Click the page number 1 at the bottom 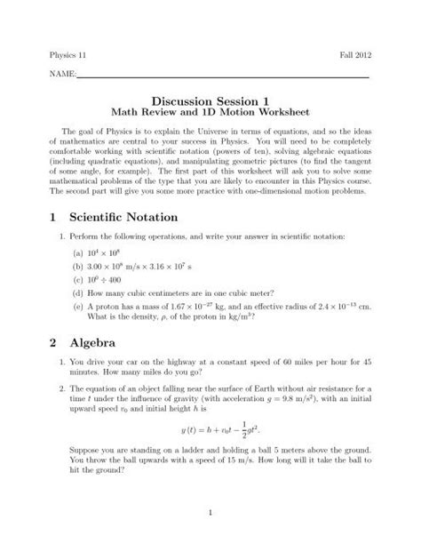pos(209,514)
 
